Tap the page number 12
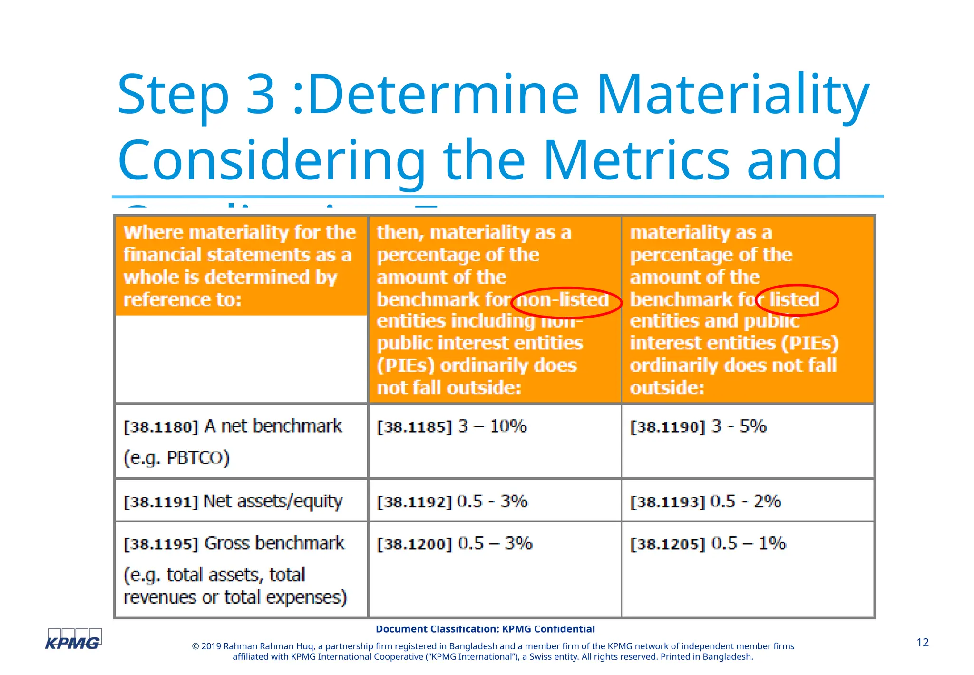point(922,643)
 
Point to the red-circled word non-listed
point(562,300)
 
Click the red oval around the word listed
point(797,300)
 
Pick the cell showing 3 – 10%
point(492,426)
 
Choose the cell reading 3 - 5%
point(739,426)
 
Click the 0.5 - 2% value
point(745,501)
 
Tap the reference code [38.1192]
point(414,502)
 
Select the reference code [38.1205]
point(667,544)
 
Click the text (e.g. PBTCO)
point(176,458)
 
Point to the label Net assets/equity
point(273,501)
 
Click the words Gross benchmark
point(274,543)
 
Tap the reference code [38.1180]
point(160,427)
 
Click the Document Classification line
point(485,629)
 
